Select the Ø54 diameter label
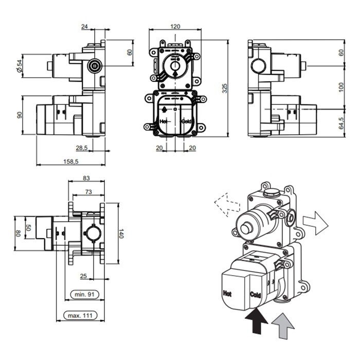tap(19, 65)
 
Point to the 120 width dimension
tap(175, 26)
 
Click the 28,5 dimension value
tap(82, 148)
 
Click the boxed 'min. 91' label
tap(81, 295)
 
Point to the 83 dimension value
tap(86, 178)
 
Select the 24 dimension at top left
tap(85, 26)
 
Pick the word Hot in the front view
tap(165, 121)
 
